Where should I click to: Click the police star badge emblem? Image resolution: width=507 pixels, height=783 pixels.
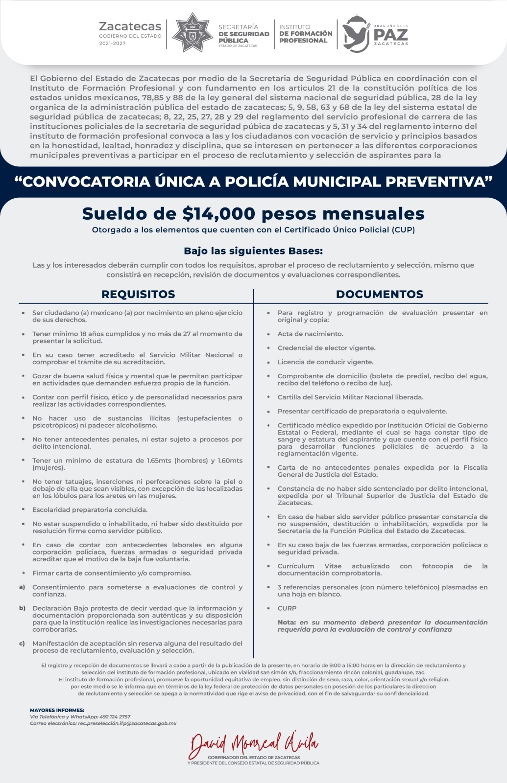(193, 33)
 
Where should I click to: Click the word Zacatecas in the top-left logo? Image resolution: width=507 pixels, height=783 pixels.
(130, 26)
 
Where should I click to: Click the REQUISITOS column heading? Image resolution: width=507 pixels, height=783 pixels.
(138, 294)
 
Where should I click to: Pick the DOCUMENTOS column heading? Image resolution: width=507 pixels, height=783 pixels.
(379, 294)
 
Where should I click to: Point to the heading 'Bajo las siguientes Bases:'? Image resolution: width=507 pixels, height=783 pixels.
(253, 251)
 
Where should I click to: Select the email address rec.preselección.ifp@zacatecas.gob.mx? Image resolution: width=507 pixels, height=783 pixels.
(127, 723)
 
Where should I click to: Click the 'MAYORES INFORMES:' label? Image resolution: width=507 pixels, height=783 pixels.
(57, 710)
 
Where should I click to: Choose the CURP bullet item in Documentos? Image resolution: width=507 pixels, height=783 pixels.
(287, 608)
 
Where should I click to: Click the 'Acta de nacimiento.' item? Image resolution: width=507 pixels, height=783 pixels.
(310, 334)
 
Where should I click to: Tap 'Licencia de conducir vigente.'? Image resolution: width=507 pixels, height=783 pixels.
(325, 362)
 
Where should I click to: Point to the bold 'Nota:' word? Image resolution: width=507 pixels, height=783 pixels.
(287, 622)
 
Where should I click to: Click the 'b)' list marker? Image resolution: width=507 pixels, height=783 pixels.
(22, 608)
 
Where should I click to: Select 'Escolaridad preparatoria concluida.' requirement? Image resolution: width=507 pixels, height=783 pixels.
(90, 510)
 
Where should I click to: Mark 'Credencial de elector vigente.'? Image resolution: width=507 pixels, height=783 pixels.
(326, 348)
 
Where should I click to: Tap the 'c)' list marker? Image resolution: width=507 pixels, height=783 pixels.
(22, 644)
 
